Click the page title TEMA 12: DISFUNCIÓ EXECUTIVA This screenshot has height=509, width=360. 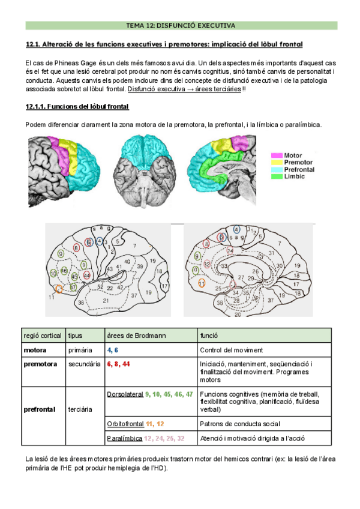pyautogui.click(x=181, y=26)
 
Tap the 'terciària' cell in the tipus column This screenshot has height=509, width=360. pyautogui.click(x=80, y=409)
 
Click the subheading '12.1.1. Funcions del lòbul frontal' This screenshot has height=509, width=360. pyautogui.click(x=77, y=106)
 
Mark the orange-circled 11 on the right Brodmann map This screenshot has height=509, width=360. pyautogui.click(x=202, y=283)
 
